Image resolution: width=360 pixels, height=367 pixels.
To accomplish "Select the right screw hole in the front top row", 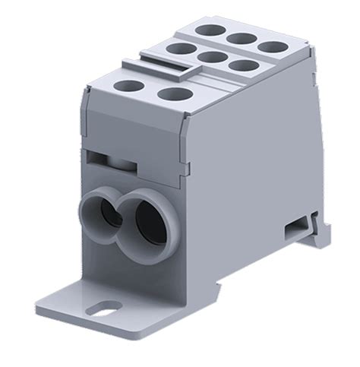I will click(175, 94).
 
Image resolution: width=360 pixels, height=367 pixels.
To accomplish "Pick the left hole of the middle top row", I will click(180, 49).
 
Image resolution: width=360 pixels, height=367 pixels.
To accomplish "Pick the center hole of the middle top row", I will click(211, 57).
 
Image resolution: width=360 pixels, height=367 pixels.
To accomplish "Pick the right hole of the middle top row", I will click(242, 65).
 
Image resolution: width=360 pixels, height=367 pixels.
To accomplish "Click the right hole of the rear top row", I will click(271, 45).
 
